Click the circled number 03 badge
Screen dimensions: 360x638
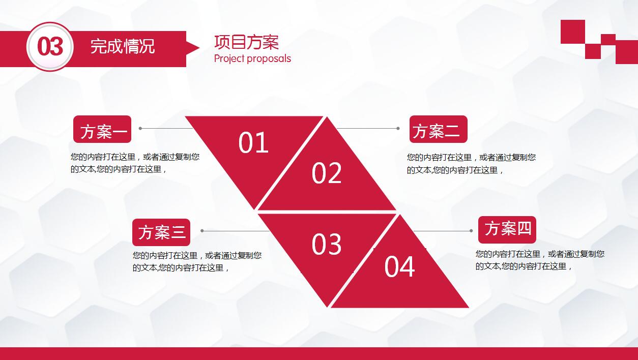50,47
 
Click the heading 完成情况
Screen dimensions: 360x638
122,47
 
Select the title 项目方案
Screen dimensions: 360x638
246,42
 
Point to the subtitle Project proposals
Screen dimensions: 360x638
252,58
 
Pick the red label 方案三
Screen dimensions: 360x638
161,232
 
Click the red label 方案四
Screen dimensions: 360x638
507,230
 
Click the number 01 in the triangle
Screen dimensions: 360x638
253,143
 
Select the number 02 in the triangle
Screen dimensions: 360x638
327,173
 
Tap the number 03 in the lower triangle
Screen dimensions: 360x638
327,245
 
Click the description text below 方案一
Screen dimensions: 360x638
135,163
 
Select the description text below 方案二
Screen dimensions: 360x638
471,164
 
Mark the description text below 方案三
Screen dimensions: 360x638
197,261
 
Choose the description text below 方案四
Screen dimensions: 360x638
540,260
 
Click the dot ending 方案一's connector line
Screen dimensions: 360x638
140,129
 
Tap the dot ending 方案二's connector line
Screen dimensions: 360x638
398,129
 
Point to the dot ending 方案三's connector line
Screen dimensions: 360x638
202,231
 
